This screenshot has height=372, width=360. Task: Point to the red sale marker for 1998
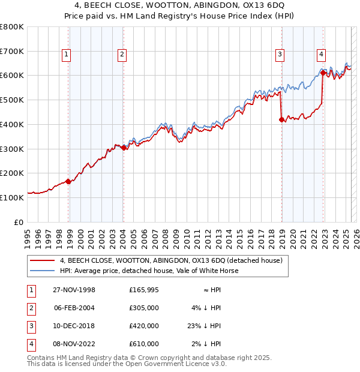pos(68,181)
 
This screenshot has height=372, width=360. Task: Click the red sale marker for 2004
pos(123,148)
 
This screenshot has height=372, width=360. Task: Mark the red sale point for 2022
pos(323,73)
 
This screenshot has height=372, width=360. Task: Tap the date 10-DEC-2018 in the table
pos(74,326)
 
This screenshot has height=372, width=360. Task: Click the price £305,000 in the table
pos(144,308)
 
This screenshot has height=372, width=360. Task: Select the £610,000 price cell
pos(144,344)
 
